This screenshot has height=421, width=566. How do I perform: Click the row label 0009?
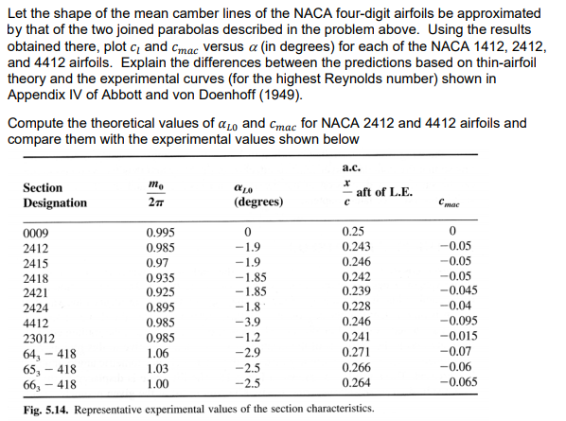pos(33,233)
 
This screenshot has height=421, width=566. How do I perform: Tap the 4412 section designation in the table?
pos(33,320)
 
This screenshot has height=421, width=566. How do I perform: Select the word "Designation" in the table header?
pos(54,203)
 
